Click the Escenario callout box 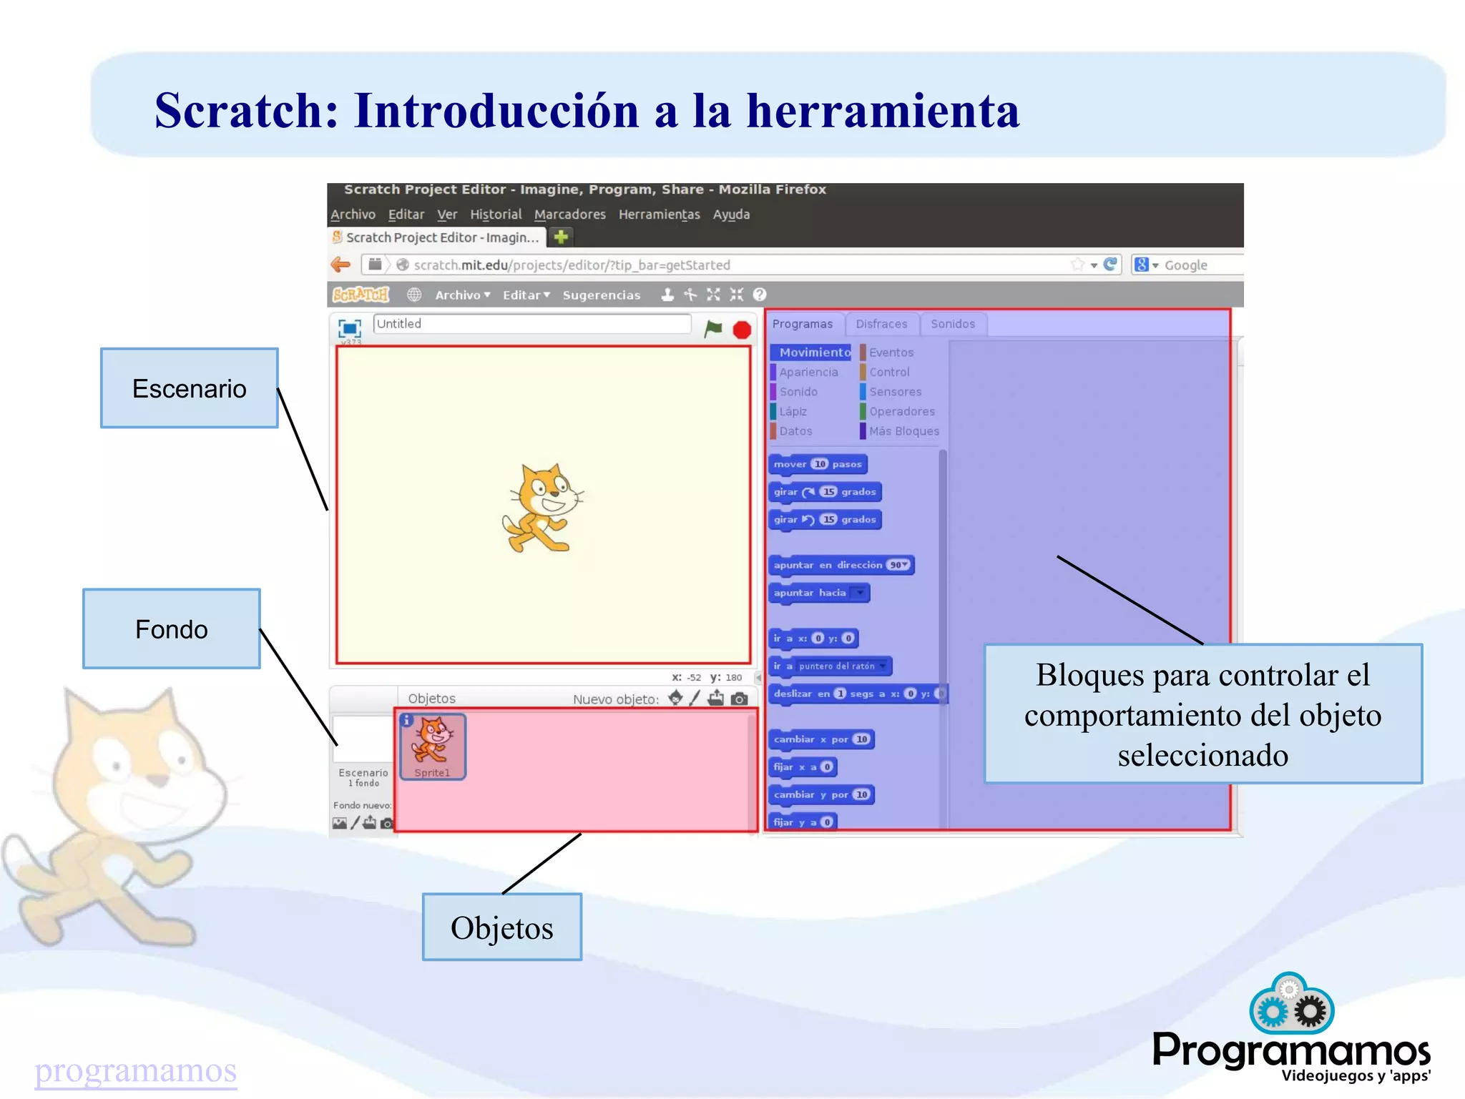coord(189,388)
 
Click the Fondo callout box coord(171,629)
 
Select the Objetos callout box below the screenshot coord(501,927)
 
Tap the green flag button coord(713,328)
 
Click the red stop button coord(742,330)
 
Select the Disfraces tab coord(881,324)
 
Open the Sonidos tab coord(952,324)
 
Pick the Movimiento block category coord(813,353)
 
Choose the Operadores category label coord(901,411)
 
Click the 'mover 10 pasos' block coord(818,464)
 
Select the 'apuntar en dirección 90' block coord(841,565)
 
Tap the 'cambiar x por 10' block coord(821,739)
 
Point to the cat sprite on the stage coord(542,508)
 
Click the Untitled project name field coord(531,324)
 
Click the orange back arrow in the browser coord(341,265)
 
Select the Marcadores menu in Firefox coord(569,215)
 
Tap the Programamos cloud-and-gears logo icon coord(1291,1005)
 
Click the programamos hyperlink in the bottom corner coord(136,1070)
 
